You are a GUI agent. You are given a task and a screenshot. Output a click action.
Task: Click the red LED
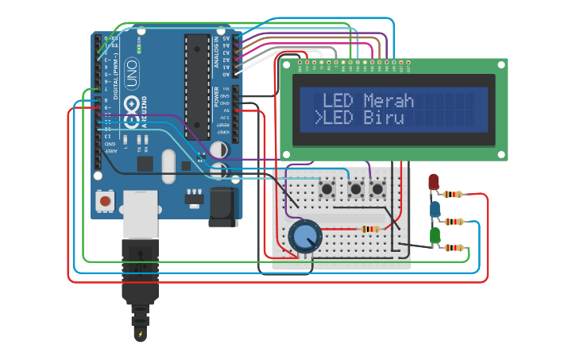[433, 182]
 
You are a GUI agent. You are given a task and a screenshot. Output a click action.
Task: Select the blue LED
[435, 209]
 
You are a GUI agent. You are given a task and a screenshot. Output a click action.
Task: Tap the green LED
[435, 236]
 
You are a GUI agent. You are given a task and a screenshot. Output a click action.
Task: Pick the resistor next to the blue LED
[454, 221]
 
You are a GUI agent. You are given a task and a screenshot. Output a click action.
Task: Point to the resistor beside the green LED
[454, 248]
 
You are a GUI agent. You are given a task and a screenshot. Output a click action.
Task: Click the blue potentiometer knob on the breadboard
[303, 236]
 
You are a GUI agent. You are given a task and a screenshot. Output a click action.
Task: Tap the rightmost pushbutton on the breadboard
[377, 189]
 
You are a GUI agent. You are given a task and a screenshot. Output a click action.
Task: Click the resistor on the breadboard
[370, 230]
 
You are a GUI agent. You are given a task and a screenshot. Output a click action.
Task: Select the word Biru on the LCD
[384, 118]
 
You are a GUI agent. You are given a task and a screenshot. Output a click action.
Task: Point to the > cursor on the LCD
[318, 119]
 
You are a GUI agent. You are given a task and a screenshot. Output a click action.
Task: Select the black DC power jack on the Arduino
[223, 206]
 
